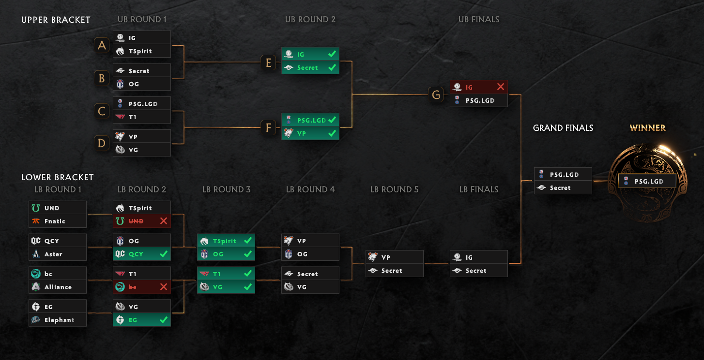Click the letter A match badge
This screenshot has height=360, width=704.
102,45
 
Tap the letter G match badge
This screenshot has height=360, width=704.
436,94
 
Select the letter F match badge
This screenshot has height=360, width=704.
269,127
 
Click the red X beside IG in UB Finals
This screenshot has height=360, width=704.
500,87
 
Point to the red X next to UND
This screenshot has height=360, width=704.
163,221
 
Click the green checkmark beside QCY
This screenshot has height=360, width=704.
163,254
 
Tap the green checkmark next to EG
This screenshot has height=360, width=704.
163,320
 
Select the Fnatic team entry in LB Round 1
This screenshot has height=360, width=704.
57,221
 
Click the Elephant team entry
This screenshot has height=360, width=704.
57,320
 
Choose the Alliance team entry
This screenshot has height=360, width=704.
57,287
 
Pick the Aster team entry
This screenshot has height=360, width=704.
57,254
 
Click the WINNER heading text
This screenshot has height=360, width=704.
647,128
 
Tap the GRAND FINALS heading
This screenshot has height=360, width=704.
563,128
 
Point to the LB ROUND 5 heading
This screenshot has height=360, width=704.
394,189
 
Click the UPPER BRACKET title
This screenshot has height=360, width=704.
56,20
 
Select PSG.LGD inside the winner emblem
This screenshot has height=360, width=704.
647,181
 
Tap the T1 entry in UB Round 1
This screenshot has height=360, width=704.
141,117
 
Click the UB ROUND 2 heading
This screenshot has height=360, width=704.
310,19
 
